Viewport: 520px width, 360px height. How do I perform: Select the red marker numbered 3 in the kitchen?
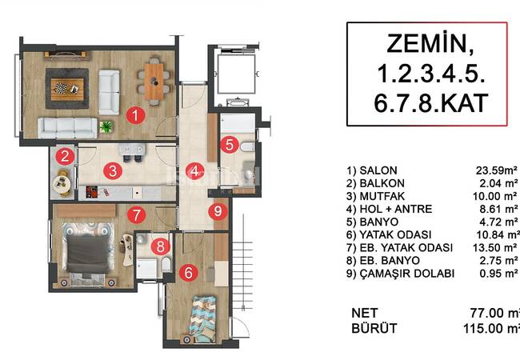114,170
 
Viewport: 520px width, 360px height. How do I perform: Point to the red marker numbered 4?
194,170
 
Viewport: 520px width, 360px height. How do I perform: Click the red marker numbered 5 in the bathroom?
230,145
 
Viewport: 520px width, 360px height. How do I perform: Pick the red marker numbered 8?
162,247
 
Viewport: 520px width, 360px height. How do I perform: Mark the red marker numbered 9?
215,211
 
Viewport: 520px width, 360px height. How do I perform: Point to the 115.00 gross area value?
491,328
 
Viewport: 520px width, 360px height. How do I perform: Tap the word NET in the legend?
365,312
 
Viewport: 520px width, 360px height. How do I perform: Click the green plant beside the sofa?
107,126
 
